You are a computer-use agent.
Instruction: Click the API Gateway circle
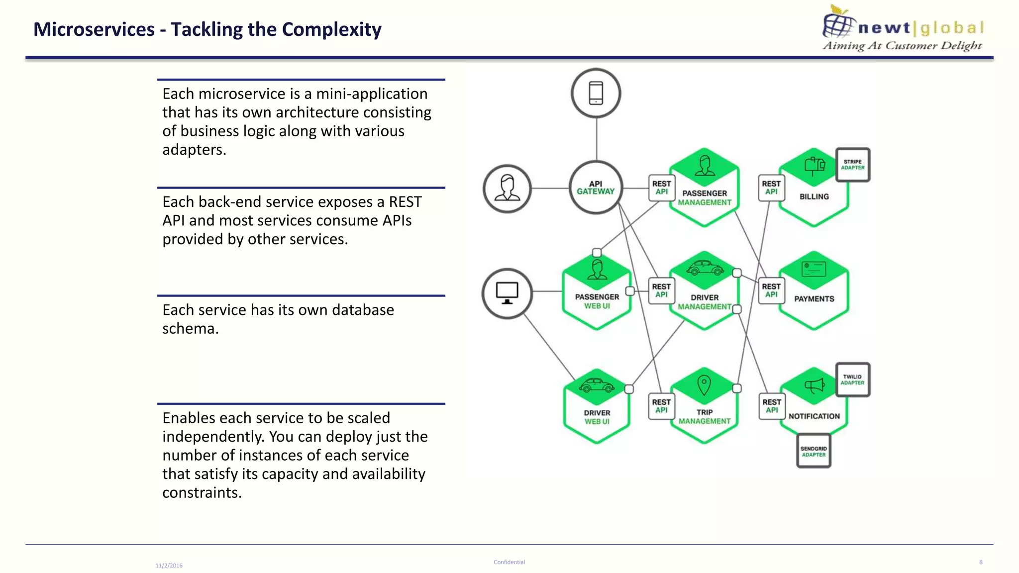[596, 188]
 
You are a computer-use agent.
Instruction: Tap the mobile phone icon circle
[596, 93]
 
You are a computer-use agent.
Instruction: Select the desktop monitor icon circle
[507, 293]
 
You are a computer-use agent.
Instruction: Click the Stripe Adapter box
[852, 165]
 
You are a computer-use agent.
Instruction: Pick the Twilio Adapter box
[852, 380]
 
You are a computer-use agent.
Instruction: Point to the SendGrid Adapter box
[814, 451]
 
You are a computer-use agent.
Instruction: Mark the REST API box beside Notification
[772, 406]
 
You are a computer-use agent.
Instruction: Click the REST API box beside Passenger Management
[661, 188]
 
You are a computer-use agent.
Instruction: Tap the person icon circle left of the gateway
[507, 189]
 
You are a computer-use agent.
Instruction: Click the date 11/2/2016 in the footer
[169, 566]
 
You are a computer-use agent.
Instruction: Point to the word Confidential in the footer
[509, 562]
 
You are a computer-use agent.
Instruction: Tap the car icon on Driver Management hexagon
[705, 269]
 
